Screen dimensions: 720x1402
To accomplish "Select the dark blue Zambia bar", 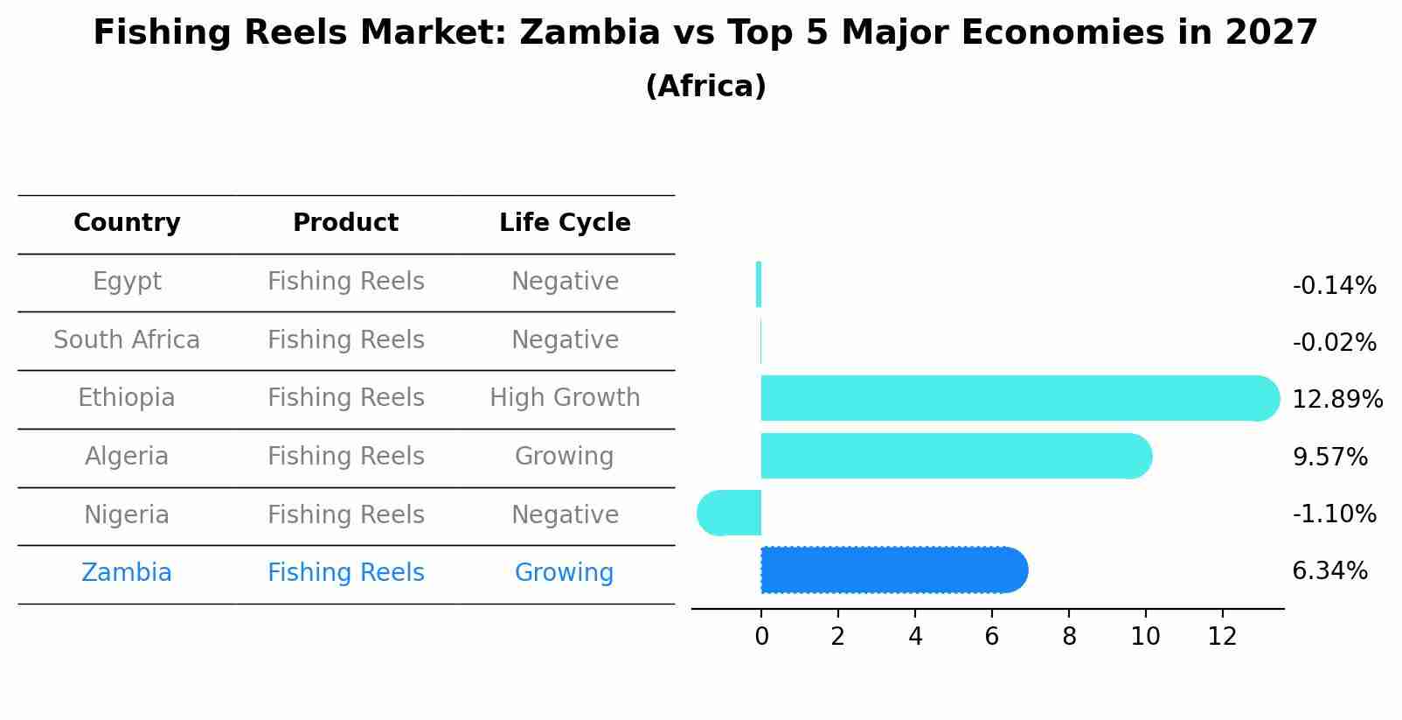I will pos(892,570).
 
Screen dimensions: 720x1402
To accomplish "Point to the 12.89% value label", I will pos(1336,400).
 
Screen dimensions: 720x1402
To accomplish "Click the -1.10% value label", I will pos(1334,514).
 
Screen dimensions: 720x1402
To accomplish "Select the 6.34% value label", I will pos(1329,571).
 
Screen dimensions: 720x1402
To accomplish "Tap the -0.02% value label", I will pos(1334,343).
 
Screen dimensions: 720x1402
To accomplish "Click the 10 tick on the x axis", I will pos(1145,637).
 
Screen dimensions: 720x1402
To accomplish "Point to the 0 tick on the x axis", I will pos(761,637).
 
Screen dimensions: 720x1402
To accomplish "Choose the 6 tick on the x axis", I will pos(992,637).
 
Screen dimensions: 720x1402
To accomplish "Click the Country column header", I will pos(127,223).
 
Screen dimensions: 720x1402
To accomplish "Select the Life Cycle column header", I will pos(565,223).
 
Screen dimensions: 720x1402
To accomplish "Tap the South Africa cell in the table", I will pos(127,340).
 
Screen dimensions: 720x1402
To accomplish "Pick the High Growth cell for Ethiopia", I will pos(565,398).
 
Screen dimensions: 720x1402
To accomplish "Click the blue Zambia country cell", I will pos(127,573).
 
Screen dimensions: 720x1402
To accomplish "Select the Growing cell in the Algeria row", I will pos(564,457).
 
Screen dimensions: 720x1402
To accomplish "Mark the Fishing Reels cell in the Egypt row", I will pos(345,282).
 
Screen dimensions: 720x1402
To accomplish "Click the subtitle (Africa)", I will pos(705,87).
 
